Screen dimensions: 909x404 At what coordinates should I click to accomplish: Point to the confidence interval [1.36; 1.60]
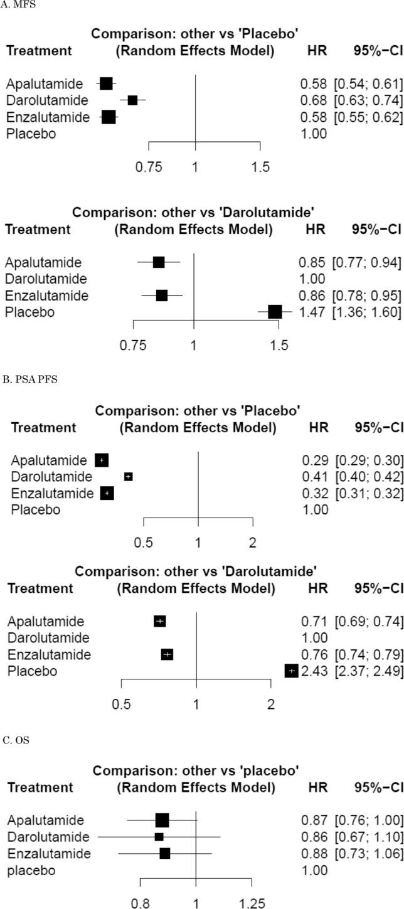[368, 312]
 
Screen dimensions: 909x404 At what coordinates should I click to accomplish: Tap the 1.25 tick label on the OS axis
[252, 904]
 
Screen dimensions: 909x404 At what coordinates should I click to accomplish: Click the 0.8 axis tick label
[140, 904]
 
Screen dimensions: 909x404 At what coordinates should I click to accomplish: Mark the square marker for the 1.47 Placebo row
[275, 312]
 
